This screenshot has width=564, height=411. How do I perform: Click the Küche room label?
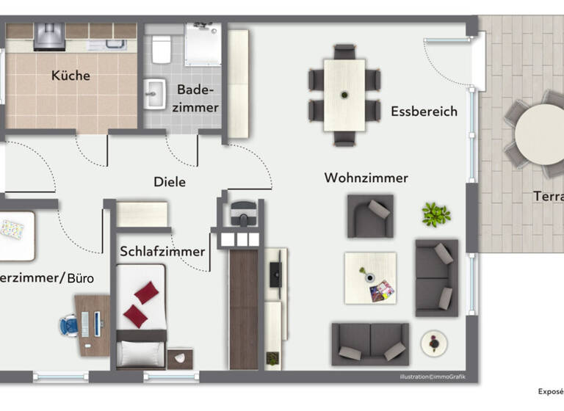point(71,76)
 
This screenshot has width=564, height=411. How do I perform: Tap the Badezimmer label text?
point(198,99)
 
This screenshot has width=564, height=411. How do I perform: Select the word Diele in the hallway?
point(170,182)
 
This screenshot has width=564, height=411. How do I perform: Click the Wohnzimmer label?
point(366,178)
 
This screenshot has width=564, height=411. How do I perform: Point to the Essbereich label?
point(424,112)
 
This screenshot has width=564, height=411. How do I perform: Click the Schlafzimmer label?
point(162,252)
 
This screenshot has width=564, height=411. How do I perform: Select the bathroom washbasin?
point(155,93)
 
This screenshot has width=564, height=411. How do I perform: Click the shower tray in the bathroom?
point(202,45)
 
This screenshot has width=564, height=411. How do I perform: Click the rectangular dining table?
point(344,95)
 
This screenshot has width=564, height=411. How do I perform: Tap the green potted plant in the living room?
point(436,214)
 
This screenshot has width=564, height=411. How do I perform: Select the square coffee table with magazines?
point(370,277)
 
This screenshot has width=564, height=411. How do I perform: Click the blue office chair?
point(69,324)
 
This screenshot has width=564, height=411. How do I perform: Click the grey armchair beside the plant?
point(370,216)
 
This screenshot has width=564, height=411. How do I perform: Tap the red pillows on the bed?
point(141,304)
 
